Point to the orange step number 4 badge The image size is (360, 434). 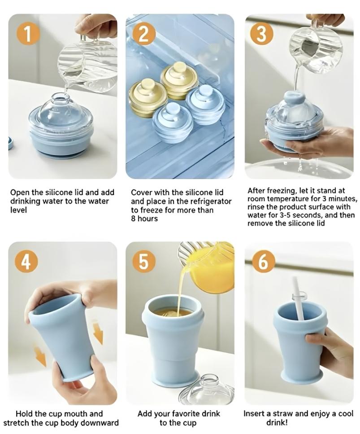[x=26, y=261]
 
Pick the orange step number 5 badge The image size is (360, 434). [x=143, y=261]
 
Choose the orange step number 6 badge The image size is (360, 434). [x=263, y=261]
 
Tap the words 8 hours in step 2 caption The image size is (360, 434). [x=144, y=219]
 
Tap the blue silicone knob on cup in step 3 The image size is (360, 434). [x=295, y=98]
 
